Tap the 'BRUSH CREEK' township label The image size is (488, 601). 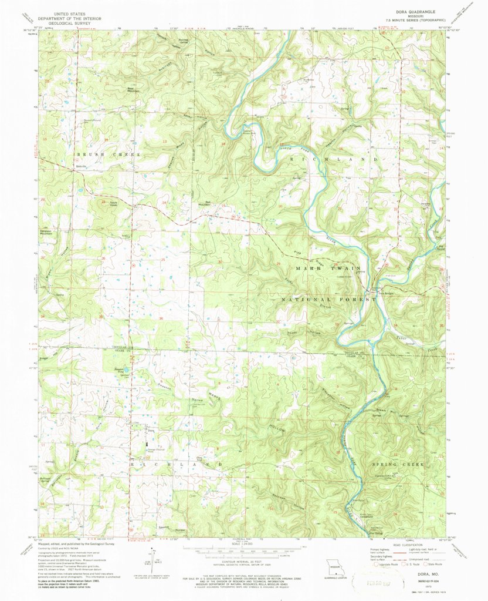click(109, 154)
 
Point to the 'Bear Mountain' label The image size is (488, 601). click(134, 90)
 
